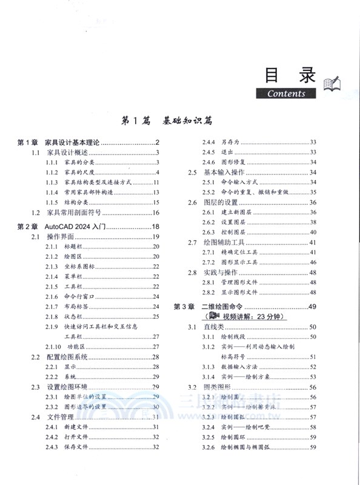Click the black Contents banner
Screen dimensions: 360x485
point(291,93)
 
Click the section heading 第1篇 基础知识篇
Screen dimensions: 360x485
point(166,120)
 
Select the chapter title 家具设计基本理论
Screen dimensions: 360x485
point(73,142)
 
